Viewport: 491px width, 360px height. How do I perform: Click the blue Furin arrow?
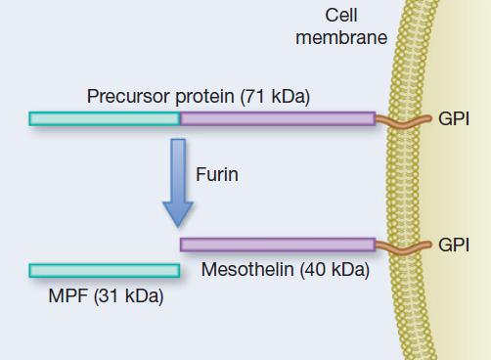178,176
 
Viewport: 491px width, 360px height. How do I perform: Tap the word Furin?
217,175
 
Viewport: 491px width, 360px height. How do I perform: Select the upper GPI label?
455,118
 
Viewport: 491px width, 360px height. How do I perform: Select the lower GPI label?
455,244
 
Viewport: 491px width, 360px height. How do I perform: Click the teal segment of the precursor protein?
105,118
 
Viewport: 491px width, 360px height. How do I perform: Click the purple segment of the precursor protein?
277,118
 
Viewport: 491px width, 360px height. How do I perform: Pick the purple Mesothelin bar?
277,244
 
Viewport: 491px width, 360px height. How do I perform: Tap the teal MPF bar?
105,269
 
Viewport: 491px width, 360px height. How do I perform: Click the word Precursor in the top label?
126,97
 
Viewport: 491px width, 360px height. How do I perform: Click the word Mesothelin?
248,270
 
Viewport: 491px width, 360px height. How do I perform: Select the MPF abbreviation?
67,296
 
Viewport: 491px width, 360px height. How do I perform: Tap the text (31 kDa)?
127,296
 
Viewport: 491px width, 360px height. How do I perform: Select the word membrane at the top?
341,37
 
